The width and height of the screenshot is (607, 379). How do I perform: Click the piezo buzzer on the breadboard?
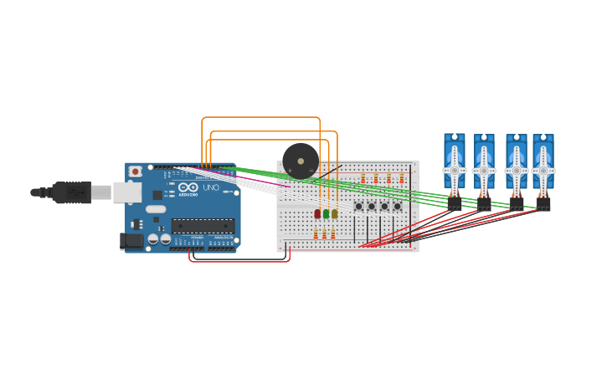tap(301, 161)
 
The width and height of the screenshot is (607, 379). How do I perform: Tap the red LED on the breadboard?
tap(317, 214)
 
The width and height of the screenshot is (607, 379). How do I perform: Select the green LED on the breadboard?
tap(326, 214)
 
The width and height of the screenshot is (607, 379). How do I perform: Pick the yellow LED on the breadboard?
tap(334, 214)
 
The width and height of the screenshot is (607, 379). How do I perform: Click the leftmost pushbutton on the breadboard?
tap(358, 207)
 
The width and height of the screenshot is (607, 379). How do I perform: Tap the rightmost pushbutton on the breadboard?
tap(398, 207)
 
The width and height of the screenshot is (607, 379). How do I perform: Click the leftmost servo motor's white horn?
tap(455, 170)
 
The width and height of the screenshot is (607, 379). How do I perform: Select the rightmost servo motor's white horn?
tap(543, 170)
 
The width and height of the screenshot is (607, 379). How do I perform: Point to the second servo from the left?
tap(484, 163)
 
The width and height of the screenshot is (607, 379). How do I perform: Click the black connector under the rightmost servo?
tap(543, 202)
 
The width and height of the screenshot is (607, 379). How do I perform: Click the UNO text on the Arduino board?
tap(210, 187)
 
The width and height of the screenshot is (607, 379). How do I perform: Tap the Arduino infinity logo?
tap(188, 187)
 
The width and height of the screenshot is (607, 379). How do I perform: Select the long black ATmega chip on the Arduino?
tap(203, 226)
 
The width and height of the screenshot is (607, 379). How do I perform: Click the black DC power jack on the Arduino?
tap(131, 241)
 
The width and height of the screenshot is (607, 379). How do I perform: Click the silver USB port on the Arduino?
tap(127, 192)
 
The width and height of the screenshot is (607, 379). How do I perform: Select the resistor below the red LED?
tap(316, 235)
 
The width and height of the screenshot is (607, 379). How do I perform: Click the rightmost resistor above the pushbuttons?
tap(402, 178)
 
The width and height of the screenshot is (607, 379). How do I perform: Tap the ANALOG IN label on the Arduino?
tap(223, 238)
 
